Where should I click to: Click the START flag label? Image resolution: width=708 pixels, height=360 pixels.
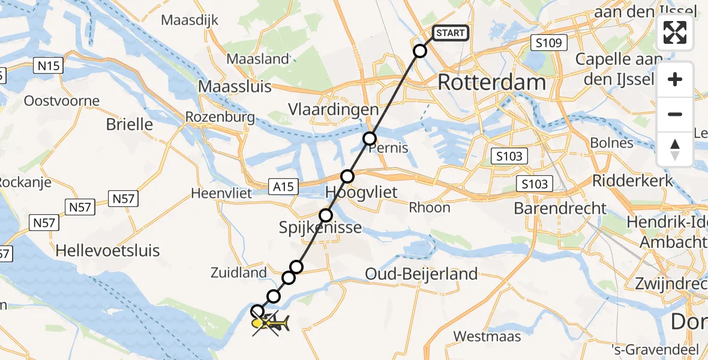point(450,32)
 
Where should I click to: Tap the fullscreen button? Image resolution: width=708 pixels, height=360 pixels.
point(675,32)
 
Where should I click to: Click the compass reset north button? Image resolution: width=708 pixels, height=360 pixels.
point(675,149)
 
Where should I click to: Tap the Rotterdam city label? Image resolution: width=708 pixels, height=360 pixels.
point(491,82)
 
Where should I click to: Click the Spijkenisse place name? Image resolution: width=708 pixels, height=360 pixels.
point(320,227)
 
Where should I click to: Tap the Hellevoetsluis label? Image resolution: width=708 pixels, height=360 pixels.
point(107,250)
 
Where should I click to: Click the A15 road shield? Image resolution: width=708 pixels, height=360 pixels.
point(283,187)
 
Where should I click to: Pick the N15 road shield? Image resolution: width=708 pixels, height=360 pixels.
point(48,65)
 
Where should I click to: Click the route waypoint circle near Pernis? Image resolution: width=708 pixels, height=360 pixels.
point(370,139)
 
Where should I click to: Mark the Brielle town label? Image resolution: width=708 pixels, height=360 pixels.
point(129,124)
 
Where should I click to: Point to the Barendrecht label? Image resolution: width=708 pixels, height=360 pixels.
point(560,208)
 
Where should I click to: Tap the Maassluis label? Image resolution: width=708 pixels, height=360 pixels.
point(234,86)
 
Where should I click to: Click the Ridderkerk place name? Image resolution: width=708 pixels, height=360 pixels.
point(630,180)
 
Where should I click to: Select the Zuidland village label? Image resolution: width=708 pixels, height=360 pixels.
point(238,272)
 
